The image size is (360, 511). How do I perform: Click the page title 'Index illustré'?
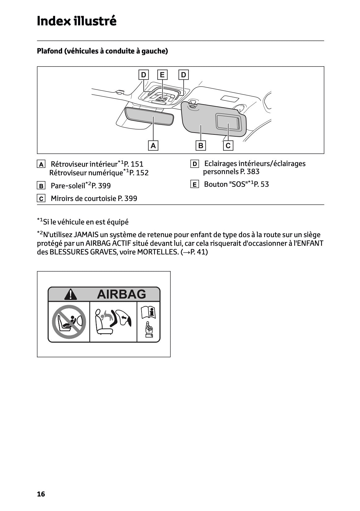point(76,21)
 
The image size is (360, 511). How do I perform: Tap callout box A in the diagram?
point(153,145)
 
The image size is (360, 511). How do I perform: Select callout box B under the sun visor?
point(201,145)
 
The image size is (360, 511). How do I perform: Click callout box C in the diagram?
point(228,145)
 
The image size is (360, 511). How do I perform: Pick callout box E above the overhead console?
point(162,75)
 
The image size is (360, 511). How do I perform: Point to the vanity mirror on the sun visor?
point(228,121)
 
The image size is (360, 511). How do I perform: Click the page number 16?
point(41,494)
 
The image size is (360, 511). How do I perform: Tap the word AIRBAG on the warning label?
point(121,294)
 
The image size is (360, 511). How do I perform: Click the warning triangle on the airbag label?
point(71,294)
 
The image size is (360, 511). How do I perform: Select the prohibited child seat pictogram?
point(69,322)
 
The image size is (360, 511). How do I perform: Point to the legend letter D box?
point(194,164)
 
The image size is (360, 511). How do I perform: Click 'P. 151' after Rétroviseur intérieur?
point(133,164)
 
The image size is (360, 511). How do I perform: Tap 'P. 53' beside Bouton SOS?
point(261,185)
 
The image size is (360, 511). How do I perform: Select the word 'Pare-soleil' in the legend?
point(68,186)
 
